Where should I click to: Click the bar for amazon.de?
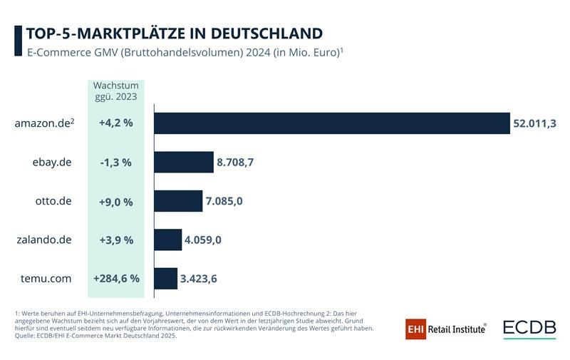331,123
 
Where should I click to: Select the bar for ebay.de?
184,163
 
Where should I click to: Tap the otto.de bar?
178,201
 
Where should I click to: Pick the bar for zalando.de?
167,240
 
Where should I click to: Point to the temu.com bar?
165,278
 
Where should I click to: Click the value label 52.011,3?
534,123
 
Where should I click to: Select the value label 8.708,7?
235,163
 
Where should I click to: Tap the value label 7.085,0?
224,201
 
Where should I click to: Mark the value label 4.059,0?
202,240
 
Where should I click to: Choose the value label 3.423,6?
198,278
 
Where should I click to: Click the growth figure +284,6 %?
116,278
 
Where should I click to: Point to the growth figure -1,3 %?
116,163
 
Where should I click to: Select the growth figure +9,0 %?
116,201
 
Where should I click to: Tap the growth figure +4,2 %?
116,123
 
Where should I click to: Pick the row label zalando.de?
44,240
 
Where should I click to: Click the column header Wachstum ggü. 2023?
116,91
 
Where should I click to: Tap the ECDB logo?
529,329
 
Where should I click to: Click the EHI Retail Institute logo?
445,329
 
